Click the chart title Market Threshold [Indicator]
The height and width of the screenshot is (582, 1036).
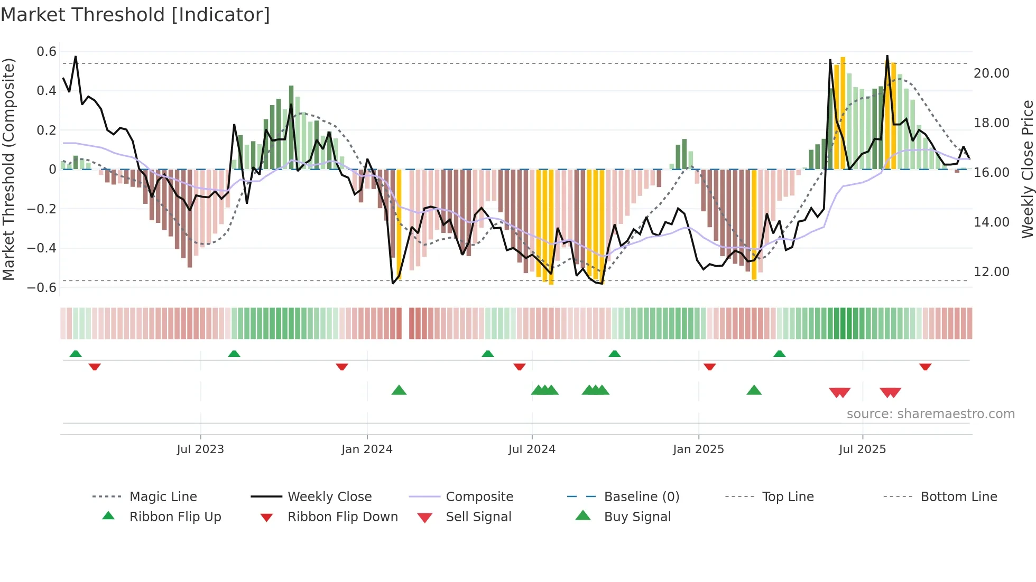tap(135, 15)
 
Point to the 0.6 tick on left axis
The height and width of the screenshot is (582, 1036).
tap(47, 52)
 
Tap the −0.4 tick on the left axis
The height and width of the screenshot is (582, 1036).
tap(42, 248)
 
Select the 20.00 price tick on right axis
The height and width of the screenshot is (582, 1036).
tap(991, 73)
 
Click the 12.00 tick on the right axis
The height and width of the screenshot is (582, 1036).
tap(991, 272)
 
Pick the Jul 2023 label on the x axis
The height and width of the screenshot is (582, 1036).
tap(200, 449)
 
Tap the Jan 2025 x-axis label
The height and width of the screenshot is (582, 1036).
tap(698, 449)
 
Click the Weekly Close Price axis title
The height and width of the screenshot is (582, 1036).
tap(1027, 169)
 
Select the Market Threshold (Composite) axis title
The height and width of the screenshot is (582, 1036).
tap(8, 169)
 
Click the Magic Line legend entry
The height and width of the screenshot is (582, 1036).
tap(163, 497)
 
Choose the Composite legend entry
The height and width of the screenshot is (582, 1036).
tap(479, 497)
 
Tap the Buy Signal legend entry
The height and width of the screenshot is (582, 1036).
tap(637, 517)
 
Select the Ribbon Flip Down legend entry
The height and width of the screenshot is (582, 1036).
tap(343, 517)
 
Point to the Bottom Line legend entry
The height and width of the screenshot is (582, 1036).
tap(958, 497)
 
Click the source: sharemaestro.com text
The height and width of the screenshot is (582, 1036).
tap(930, 414)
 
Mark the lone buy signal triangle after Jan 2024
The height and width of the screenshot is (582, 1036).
tap(399, 390)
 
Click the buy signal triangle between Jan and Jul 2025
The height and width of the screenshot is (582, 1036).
tap(754, 390)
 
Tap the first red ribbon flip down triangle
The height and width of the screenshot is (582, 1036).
tap(95, 367)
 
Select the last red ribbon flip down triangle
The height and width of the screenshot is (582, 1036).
tap(925, 367)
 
